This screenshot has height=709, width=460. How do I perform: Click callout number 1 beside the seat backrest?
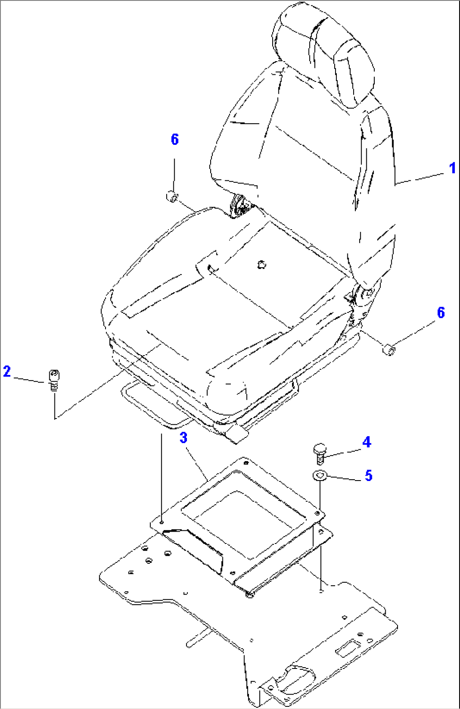click(x=453, y=168)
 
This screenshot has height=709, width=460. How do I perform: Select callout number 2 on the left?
click(x=7, y=371)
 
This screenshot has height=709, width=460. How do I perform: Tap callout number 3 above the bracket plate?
click(x=183, y=438)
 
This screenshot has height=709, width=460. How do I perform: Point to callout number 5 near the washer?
click(x=368, y=475)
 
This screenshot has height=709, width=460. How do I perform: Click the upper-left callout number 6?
click(x=175, y=139)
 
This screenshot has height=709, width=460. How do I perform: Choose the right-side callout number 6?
click(x=441, y=312)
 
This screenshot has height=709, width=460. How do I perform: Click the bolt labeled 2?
click(x=55, y=380)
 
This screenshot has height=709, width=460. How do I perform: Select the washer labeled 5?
click(x=319, y=475)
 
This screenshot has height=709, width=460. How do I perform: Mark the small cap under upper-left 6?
click(x=172, y=196)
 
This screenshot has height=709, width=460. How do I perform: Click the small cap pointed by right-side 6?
click(x=389, y=350)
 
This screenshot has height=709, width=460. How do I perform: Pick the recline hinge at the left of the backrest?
click(x=241, y=206)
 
